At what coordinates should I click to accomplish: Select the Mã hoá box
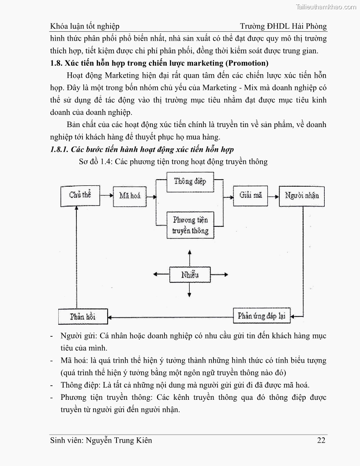[130, 195]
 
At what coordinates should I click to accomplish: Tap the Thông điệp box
[190, 181]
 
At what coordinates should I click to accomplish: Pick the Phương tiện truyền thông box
[190, 225]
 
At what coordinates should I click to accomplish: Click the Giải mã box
[251, 195]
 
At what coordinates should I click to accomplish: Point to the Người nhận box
[302, 195]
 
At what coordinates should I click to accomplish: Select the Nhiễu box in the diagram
[190, 275]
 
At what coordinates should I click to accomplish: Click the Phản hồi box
[83, 316]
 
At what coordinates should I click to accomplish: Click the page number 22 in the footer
[322, 440]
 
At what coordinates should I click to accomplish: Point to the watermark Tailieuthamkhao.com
[324, 7]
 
